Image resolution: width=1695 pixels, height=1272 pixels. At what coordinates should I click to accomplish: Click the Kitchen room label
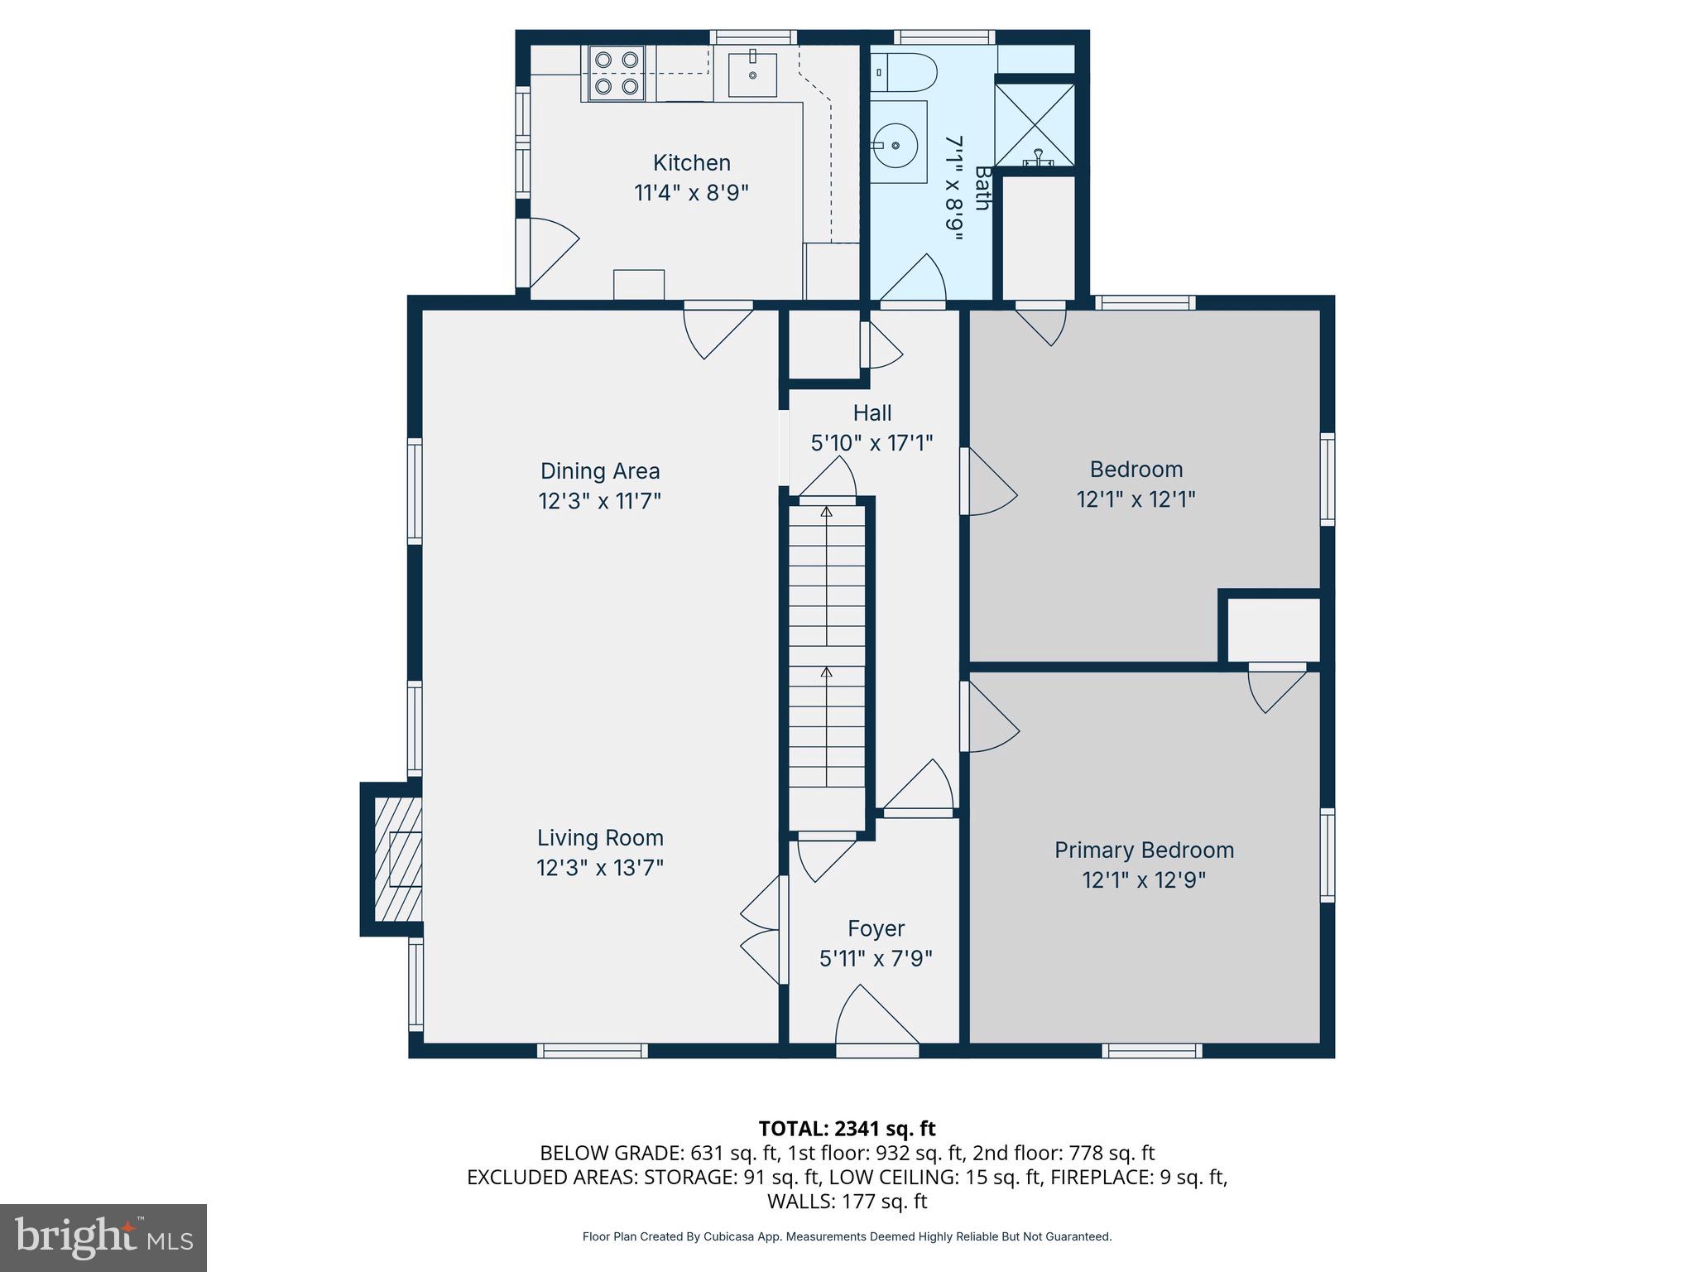(691, 162)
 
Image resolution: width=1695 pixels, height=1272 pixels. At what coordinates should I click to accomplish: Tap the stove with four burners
(616, 73)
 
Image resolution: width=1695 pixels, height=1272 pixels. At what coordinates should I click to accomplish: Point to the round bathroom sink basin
(896, 146)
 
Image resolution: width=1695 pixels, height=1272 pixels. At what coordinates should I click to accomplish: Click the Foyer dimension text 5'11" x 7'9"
(876, 958)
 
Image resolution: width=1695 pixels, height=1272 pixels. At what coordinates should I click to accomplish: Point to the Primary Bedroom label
(1144, 850)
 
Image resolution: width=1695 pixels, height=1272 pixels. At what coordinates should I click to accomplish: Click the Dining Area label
(600, 470)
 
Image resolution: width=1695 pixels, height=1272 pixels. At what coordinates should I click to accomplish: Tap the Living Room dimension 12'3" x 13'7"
(600, 868)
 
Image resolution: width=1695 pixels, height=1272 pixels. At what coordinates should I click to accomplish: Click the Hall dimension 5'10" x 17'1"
(872, 443)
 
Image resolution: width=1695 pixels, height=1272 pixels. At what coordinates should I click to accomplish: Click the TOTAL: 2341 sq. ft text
(847, 1128)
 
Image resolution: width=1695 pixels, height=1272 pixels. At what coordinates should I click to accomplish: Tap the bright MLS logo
(103, 1237)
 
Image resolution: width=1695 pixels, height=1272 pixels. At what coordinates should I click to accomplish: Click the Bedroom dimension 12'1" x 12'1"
(1136, 499)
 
